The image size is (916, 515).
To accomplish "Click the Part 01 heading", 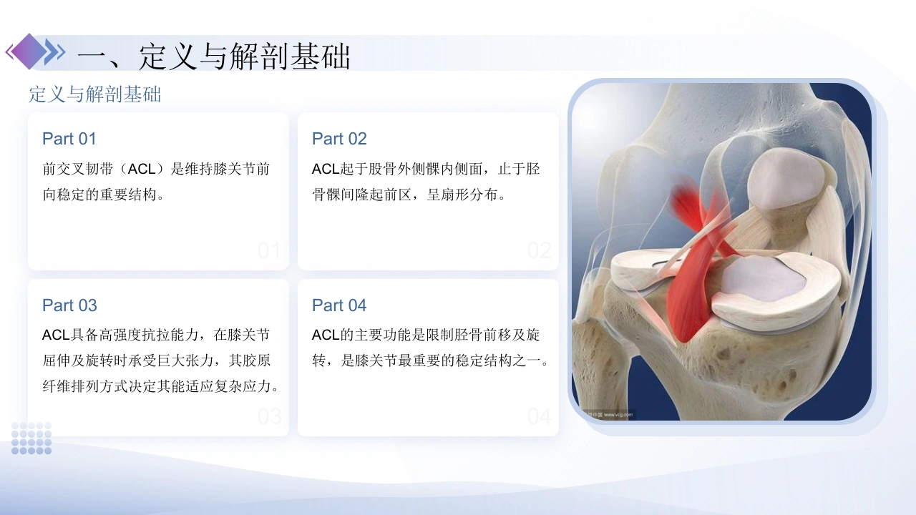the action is click(69, 139).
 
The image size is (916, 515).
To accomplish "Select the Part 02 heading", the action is click(339, 139).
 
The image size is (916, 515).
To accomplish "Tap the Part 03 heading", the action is click(69, 305).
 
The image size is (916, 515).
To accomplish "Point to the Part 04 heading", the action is click(339, 305).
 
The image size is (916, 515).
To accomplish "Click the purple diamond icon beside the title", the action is click(29, 51).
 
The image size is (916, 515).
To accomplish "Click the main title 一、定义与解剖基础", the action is click(213, 57).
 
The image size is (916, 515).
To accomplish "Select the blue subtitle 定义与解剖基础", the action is click(95, 94).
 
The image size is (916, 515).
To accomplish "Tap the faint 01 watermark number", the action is click(269, 250).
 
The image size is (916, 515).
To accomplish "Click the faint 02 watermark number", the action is click(540, 250).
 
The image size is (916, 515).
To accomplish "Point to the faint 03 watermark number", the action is click(270, 416).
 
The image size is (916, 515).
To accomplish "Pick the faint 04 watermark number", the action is click(540, 416).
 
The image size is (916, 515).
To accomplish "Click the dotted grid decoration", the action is click(31, 438).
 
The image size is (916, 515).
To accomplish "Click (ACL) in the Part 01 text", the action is click(142, 170).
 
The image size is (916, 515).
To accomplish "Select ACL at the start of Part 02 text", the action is click(326, 170).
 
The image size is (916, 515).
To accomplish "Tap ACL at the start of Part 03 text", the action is click(56, 335).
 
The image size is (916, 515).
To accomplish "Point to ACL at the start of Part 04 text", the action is click(326, 335).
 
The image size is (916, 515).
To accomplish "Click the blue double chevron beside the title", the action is click(55, 52).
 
